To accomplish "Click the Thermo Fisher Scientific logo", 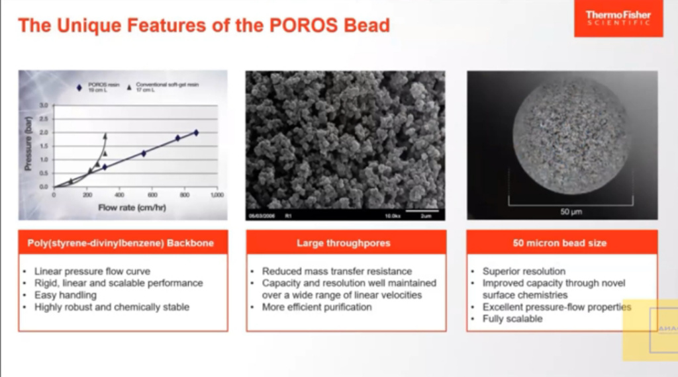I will [x=617, y=19].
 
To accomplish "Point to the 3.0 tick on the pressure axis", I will [x=44, y=105].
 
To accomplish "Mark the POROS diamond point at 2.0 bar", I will [x=196, y=132].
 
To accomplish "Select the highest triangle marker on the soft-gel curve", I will [x=105, y=136].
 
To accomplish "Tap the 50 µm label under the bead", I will [x=562, y=212].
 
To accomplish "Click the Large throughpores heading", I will [x=345, y=243].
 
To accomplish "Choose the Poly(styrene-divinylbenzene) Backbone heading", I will [x=123, y=243].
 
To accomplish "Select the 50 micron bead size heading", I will [x=561, y=243].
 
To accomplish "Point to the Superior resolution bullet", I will [x=524, y=271].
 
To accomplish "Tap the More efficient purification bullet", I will [x=316, y=307].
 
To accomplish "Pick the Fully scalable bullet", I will [x=512, y=319].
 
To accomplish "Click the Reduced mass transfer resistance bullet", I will [x=336, y=271].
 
